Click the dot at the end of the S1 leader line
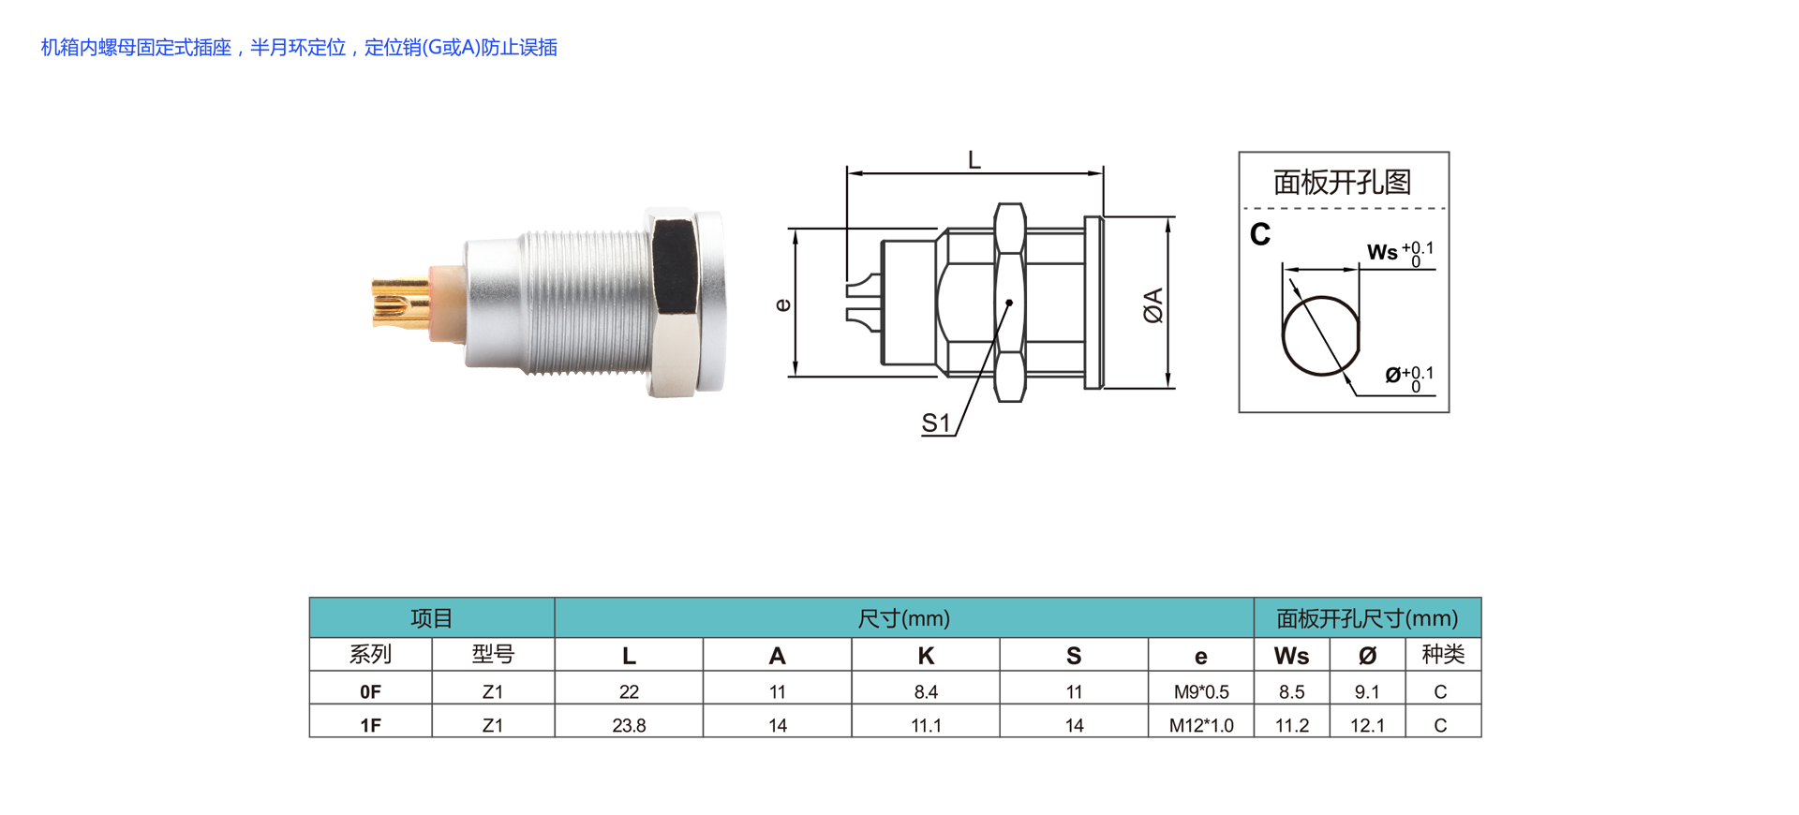1009,303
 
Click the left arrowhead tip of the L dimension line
847,173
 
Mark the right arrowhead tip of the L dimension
1103,173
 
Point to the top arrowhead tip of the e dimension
795,229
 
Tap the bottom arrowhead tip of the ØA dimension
1168,387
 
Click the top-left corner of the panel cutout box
1239,152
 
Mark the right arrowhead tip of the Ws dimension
1359,270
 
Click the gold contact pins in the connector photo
400,302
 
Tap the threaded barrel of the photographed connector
585,303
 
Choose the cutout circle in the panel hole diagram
1321,335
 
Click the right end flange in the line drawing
1093,303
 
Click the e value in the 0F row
1201,692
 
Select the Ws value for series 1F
1292,726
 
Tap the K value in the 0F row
926,692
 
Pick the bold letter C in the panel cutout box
1260,234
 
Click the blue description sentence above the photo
299,48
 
